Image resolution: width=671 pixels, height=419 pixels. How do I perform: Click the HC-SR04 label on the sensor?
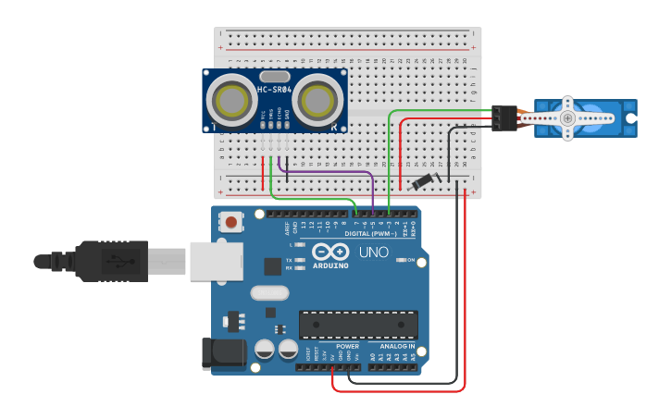point(274,90)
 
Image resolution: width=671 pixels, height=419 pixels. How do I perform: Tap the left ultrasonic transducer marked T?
point(230,97)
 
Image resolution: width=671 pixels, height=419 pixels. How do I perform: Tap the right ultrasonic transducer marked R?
point(318,97)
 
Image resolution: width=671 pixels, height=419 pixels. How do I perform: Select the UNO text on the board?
point(373,252)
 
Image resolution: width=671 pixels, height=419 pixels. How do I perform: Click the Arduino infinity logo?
point(329,252)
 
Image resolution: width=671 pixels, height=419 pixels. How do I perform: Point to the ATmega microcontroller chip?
point(357,325)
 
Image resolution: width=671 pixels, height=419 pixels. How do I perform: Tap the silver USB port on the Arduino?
point(216,261)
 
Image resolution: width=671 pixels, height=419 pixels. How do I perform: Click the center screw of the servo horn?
point(567,118)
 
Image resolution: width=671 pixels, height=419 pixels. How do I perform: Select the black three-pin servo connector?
point(503,118)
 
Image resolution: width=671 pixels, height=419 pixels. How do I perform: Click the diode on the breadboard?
point(423,180)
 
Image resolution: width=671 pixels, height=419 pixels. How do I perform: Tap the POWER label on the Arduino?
point(347,347)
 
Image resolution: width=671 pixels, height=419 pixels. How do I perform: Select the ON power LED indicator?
point(400,260)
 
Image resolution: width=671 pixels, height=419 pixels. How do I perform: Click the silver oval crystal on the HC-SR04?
point(274,76)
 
